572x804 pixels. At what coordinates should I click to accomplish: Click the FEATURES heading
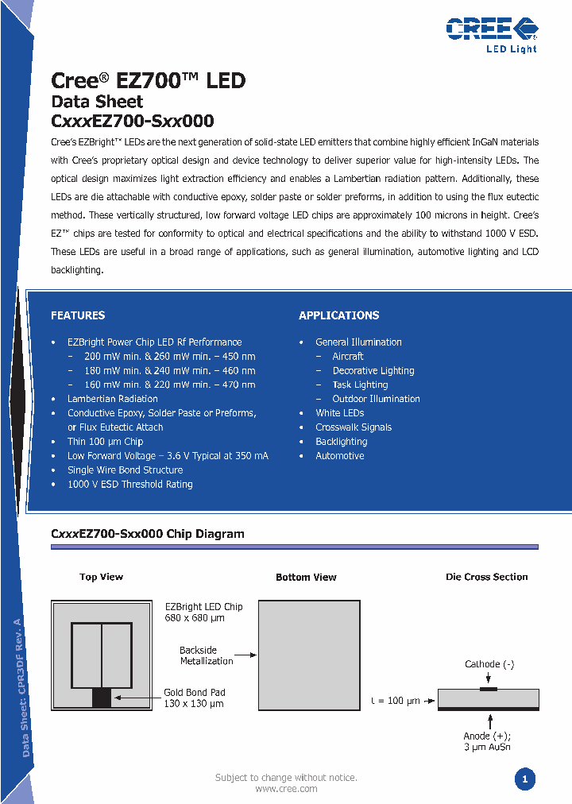[x=78, y=315]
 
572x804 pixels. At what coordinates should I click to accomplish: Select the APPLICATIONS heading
[x=338, y=315]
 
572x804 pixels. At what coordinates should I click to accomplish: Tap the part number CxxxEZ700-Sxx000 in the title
[x=132, y=122]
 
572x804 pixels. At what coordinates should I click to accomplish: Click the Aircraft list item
[x=348, y=356]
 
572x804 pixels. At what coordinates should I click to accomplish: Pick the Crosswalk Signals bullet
[x=354, y=427]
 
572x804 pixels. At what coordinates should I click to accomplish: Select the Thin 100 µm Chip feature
[x=105, y=442]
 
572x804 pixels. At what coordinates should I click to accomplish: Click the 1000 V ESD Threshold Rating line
[x=129, y=485]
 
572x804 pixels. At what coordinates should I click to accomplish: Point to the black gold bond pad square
[x=102, y=698]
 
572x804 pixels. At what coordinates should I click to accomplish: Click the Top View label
[x=101, y=577]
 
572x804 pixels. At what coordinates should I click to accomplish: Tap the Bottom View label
[x=306, y=577]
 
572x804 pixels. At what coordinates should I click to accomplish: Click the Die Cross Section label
[x=486, y=577]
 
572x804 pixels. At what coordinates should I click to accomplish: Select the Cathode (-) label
[x=489, y=664]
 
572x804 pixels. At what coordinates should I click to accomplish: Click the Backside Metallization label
[x=206, y=655]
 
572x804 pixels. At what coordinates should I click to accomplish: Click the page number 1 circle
[x=524, y=779]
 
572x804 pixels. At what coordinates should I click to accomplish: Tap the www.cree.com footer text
[x=286, y=789]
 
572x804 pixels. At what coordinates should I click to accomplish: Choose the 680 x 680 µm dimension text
[x=194, y=618]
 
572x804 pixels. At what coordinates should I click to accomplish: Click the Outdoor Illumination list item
[x=376, y=399]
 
